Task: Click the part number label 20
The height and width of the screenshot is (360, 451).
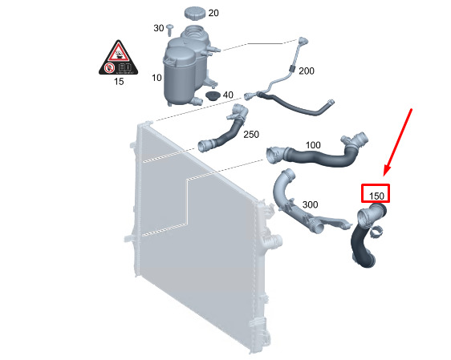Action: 213,13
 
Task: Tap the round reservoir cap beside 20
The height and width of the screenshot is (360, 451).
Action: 195,14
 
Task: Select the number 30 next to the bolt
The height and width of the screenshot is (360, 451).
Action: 159,28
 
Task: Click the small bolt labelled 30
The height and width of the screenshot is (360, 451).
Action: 170,30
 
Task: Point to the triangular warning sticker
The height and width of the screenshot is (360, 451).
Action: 118,58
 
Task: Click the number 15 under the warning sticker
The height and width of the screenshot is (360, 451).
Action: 119,82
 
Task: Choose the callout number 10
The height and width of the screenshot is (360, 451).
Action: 156,78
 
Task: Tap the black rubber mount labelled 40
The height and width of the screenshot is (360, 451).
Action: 213,96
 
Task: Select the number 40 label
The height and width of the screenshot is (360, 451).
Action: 228,95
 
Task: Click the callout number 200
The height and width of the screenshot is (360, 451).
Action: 307,71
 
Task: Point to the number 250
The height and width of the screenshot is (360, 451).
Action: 251,135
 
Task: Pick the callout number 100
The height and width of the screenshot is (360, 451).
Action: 313,145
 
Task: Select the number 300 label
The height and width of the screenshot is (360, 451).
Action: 310,204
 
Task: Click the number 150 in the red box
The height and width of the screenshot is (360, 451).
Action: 376,196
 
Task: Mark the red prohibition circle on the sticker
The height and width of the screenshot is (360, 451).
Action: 109,68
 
